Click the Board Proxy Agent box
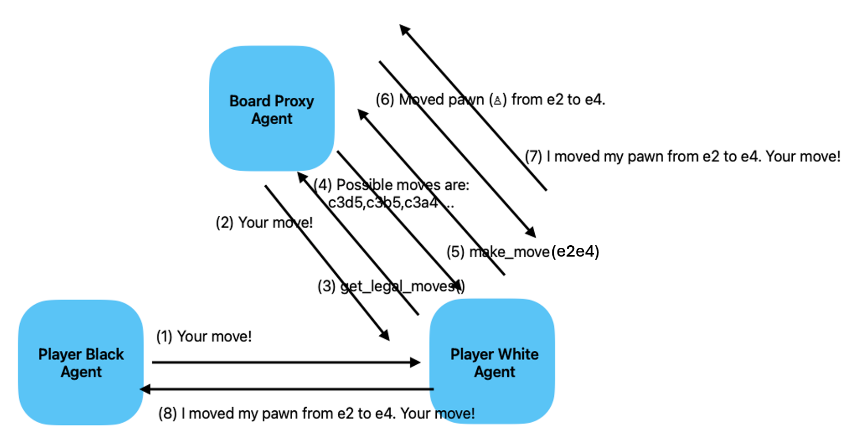click(272, 109)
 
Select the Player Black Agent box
click(81, 362)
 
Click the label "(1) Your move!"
click(204, 336)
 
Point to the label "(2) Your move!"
click(264, 222)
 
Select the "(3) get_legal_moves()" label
click(391, 286)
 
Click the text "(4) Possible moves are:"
click(392, 185)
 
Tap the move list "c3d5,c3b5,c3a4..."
click(391, 203)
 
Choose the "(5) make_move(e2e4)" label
click(523, 251)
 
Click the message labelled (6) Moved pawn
click(490, 99)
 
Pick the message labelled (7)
click(682, 156)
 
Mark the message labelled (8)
click(316, 413)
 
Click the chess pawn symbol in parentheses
click(497, 100)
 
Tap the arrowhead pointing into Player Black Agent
click(146, 389)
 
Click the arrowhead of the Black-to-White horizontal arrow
click(416, 362)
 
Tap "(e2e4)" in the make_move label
click(575, 251)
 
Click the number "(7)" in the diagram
click(533, 156)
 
